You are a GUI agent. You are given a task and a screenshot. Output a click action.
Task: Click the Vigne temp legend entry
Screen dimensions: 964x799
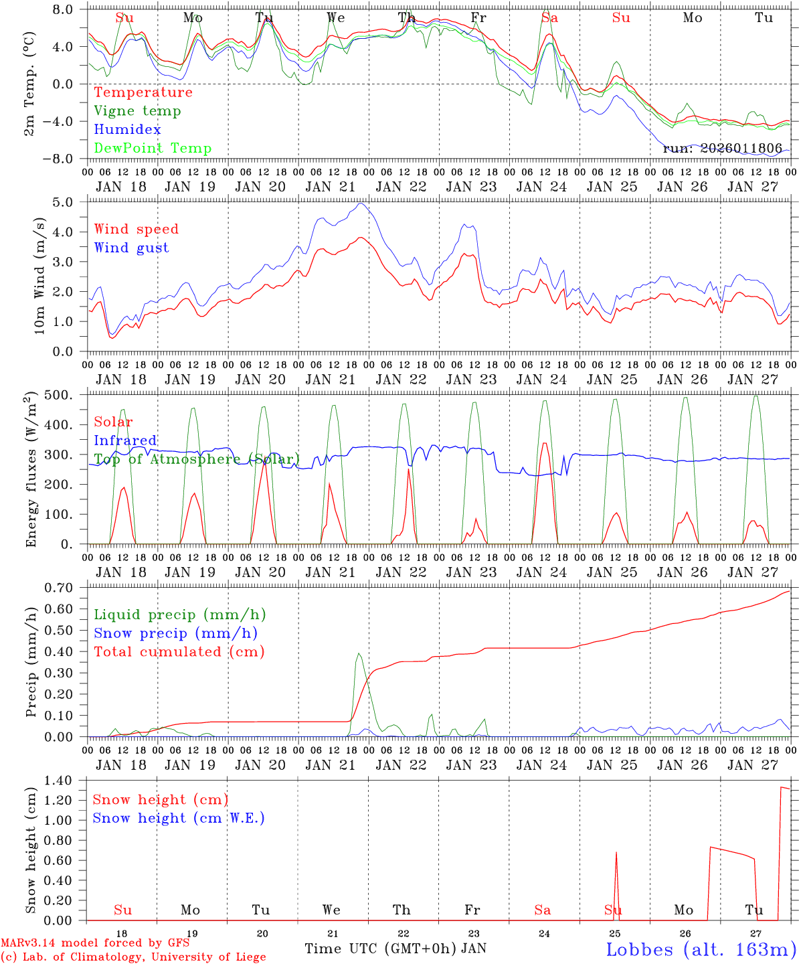(137, 111)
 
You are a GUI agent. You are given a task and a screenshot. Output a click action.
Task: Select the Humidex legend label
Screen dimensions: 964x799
(127, 130)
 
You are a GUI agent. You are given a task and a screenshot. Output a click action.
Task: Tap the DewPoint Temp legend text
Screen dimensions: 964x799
(153, 149)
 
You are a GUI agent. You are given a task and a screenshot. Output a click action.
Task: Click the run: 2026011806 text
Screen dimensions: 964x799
(722, 149)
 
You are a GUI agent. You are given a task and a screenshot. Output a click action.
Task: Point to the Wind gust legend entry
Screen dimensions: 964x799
(131, 248)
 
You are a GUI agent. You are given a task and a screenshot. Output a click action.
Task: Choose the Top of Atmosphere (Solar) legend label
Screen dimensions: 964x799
(197, 459)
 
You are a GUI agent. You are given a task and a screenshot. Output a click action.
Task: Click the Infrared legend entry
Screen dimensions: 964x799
(125, 440)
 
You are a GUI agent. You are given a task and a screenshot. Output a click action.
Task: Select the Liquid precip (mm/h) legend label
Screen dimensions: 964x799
(180, 615)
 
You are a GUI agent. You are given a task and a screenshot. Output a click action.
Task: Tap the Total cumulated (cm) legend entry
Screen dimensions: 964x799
(179, 652)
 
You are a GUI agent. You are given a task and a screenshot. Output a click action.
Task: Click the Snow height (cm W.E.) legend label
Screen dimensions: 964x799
(179, 818)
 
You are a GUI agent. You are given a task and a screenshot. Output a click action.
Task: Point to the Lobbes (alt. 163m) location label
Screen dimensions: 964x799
(701, 949)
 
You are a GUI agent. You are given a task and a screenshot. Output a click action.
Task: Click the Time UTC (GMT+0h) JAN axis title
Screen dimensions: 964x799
(395, 949)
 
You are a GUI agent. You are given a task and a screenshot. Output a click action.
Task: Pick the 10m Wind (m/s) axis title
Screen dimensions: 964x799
(39, 275)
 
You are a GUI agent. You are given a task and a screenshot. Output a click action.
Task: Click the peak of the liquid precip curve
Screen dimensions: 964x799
(359, 653)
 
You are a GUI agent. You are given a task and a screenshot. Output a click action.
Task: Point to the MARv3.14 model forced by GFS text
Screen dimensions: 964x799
(95, 943)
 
